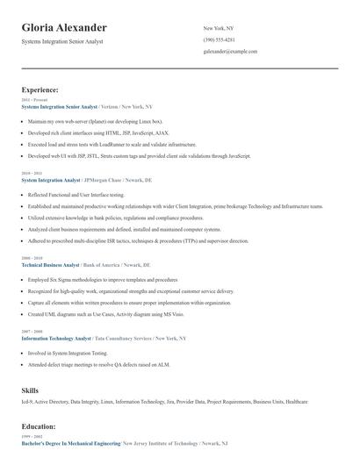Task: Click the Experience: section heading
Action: [40, 89]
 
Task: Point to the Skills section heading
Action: [30, 388]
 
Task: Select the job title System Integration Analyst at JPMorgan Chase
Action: [50, 180]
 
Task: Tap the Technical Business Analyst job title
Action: [50, 264]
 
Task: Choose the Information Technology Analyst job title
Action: [56, 337]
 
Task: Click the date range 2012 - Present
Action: [31, 100]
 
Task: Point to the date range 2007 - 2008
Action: [31, 332]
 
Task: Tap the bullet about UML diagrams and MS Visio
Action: [119, 313]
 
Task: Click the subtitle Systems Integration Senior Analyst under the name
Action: [63, 42]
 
